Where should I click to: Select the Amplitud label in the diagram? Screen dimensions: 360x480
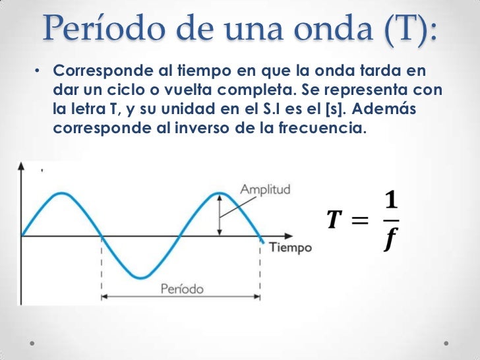point(265,189)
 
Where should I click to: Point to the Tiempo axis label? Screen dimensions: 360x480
point(290,248)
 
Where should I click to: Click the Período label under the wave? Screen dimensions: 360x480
point(181,289)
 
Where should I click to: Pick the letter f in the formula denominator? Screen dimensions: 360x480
point(390,240)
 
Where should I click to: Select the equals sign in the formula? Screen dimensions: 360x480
point(360,221)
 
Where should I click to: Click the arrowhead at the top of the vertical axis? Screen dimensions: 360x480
point(21,167)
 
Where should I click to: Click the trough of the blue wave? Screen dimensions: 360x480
point(140,276)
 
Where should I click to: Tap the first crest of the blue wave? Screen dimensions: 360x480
point(61,193)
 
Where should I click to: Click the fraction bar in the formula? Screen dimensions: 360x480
point(390,221)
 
